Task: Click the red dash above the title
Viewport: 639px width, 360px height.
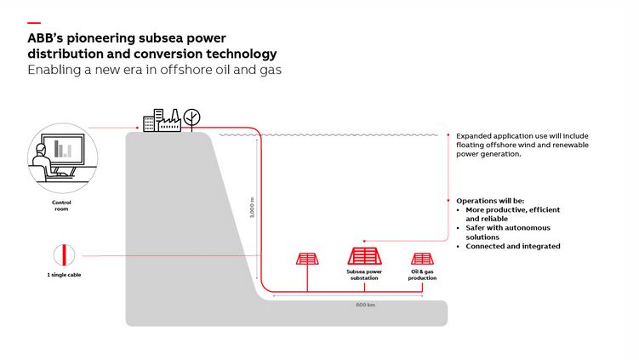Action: [33, 23]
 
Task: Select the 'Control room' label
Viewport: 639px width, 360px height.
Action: [61, 205]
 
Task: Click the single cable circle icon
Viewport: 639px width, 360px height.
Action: [61, 255]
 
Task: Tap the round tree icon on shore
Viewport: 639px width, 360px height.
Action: [193, 118]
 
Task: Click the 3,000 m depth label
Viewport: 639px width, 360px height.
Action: [252, 209]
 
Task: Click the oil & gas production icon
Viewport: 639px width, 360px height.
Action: [422, 259]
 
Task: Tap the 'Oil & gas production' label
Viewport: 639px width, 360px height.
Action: [422, 276]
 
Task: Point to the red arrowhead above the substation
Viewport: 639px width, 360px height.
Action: [364, 241]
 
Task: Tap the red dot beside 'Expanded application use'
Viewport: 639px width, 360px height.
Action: [448, 135]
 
